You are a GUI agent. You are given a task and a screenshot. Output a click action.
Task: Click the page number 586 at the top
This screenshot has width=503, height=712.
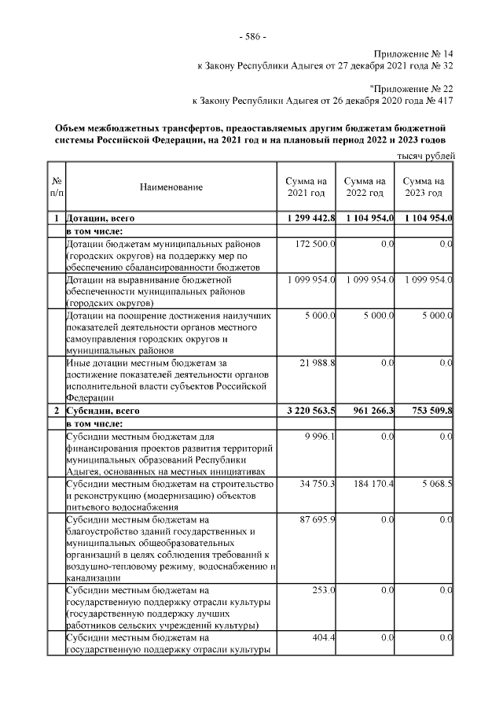(x=251, y=37)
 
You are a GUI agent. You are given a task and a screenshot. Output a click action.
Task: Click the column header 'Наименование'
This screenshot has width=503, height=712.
(x=171, y=187)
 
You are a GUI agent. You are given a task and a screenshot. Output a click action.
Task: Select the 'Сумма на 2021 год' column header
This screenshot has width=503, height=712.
(x=306, y=187)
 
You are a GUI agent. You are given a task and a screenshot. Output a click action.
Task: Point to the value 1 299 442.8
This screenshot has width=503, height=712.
(x=307, y=218)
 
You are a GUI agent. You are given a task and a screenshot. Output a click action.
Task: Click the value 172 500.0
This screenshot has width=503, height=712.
(x=316, y=245)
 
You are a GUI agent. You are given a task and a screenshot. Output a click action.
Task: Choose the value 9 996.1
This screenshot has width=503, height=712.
(x=322, y=436)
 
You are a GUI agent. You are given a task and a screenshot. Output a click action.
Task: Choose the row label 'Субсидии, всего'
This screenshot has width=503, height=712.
(x=101, y=411)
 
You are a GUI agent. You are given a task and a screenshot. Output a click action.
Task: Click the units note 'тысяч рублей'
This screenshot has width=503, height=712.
(x=426, y=156)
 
